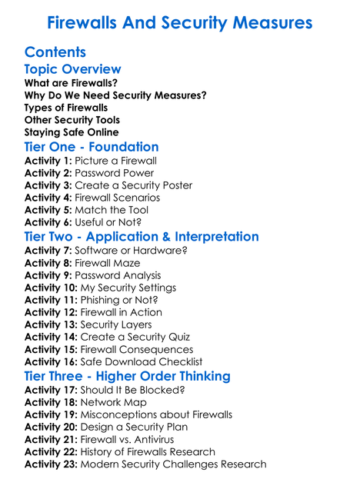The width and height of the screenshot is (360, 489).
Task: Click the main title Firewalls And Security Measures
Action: click(x=179, y=22)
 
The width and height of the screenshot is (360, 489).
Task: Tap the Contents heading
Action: click(x=55, y=52)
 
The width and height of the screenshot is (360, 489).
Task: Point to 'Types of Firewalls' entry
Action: click(x=66, y=108)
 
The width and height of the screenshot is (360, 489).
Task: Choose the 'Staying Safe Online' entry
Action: click(x=72, y=132)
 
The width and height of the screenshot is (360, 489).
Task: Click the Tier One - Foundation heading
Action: click(x=92, y=147)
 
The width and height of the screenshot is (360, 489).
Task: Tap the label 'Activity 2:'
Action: click(x=47, y=173)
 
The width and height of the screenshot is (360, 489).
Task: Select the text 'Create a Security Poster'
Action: click(x=133, y=185)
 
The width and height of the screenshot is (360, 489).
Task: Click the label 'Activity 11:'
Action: click(x=50, y=300)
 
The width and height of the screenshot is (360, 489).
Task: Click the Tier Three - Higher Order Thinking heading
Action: click(x=127, y=376)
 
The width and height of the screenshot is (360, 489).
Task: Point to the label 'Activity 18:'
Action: click(x=50, y=402)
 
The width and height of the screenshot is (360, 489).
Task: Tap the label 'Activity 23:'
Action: click(x=50, y=464)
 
